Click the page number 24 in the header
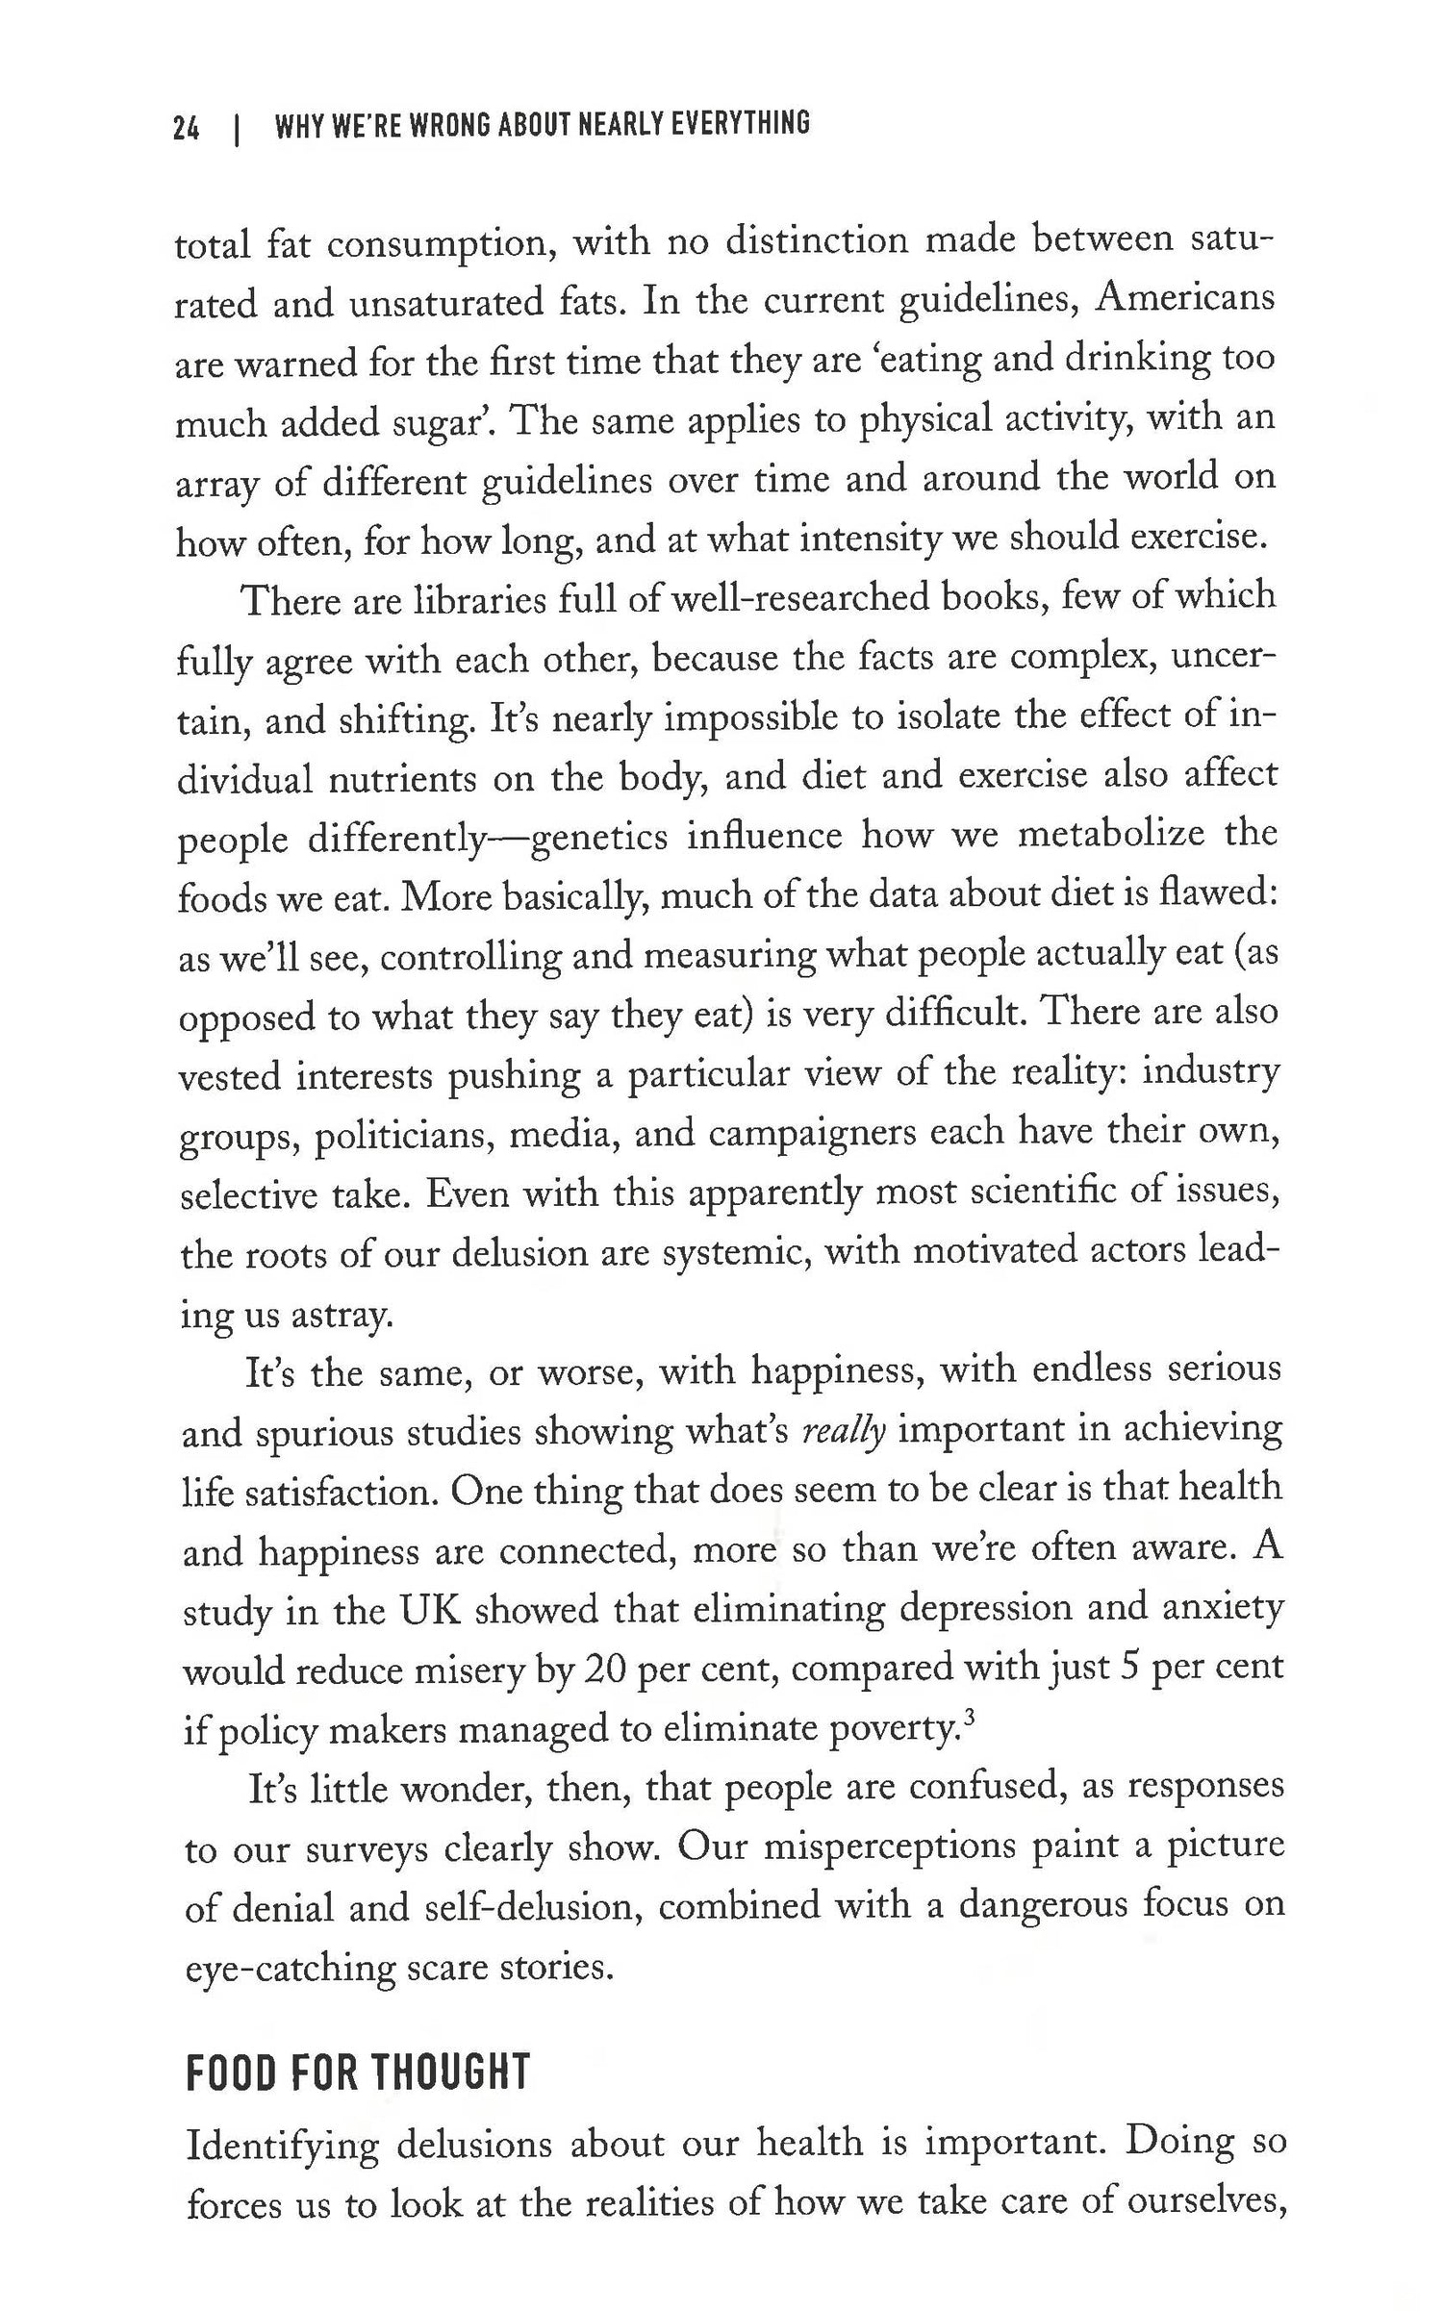(187, 126)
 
